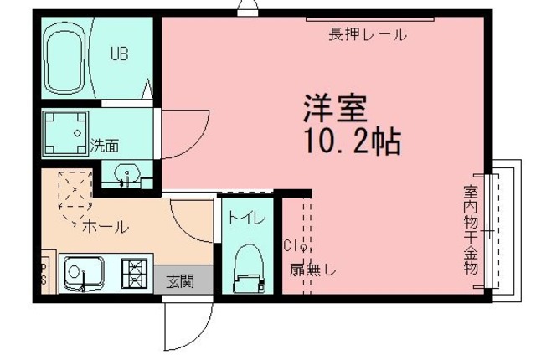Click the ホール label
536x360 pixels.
tap(105, 226)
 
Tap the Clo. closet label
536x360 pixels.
tap(297, 246)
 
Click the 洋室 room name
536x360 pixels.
tap(335, 108)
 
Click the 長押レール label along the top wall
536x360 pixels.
tap(368, 35)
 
